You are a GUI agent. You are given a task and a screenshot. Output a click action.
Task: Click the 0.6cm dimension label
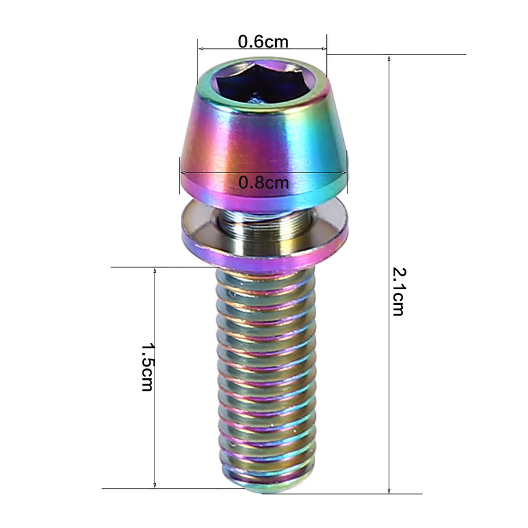tap(263, 41)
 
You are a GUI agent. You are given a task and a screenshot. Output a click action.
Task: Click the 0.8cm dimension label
tap(263, 182)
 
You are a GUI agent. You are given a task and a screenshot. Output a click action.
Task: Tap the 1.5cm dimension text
tap(147, 367)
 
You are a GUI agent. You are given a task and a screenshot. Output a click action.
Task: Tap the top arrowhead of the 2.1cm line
tap(389, 58)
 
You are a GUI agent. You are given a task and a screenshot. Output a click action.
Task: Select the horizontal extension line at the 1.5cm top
tap(155, 267)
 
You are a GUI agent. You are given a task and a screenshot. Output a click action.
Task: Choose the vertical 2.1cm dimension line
tap(389, 206)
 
